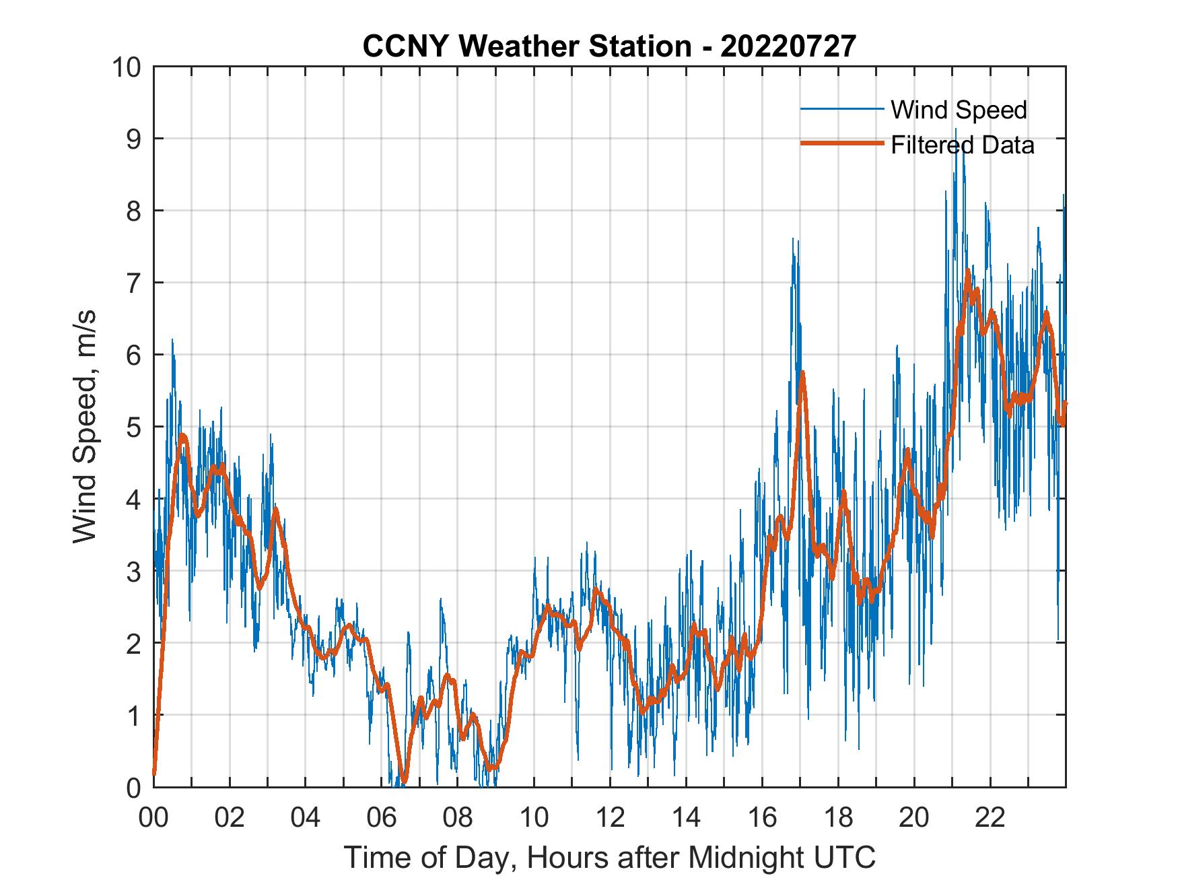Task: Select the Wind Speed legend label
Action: click(x=959, y=110)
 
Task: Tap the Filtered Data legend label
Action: click(x=962, y=145)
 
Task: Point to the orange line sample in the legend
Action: click(x=841, y=144)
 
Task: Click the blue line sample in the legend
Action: click(x=841, y=109)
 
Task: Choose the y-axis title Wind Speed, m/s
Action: click(x=85, y=426)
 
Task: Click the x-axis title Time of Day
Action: click(x=609, y=858)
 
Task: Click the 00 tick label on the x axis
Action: click(x=153, y=817)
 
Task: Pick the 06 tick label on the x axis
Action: click(x=382, y=817)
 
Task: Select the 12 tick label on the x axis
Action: click(x=610, y=817)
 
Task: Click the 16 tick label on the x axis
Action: click(x=762, y=817)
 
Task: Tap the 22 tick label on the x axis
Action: click(x=990, y=817)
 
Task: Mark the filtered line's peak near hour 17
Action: click(x=802, y=372)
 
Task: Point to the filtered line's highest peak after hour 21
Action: click(x=968, y=271)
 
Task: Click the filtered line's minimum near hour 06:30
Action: click(x=403, y=781)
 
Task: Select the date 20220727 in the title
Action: click(x=788, y=46)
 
